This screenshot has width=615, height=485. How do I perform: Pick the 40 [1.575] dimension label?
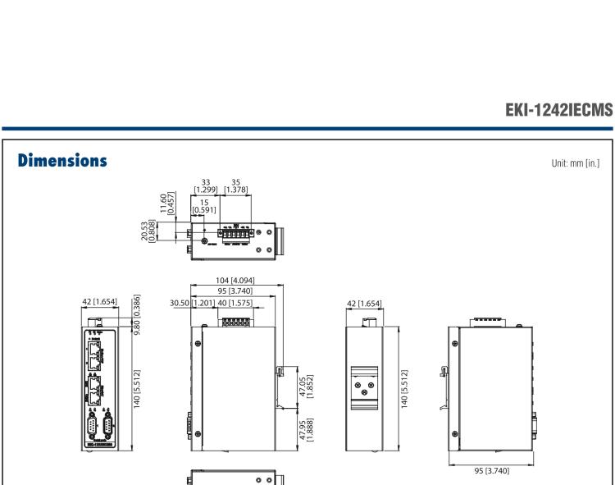pyautogui.click(x=235, y=304)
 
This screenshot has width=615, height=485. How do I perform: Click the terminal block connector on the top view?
pyautogui.click(x=237, y=233)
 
